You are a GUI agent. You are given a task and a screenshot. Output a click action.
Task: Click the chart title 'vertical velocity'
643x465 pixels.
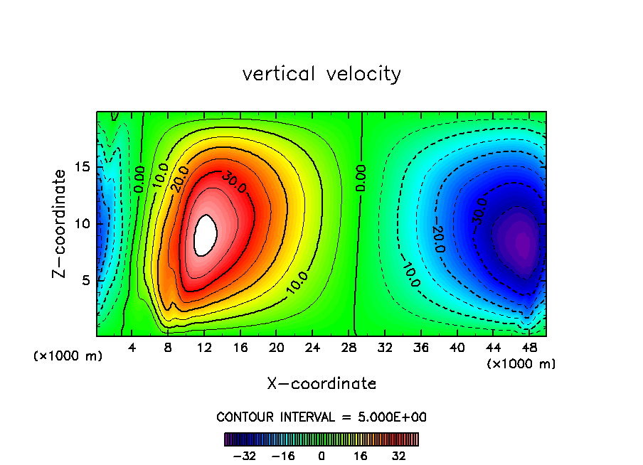321,74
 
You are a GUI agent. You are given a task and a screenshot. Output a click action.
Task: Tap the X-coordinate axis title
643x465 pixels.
321,384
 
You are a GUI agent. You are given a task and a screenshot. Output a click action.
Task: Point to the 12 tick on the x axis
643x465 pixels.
204,348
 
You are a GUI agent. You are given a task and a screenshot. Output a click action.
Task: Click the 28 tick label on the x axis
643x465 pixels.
349,348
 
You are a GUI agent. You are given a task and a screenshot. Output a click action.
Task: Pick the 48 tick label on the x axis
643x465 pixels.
528,348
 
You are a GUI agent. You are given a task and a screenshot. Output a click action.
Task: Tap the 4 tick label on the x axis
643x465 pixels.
132,348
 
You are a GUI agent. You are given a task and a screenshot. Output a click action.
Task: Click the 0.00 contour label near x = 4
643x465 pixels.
139,178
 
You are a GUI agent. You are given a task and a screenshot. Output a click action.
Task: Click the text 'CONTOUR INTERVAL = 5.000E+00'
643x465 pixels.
321,417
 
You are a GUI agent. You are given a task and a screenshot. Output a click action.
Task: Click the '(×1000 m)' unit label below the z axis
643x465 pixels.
68,356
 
